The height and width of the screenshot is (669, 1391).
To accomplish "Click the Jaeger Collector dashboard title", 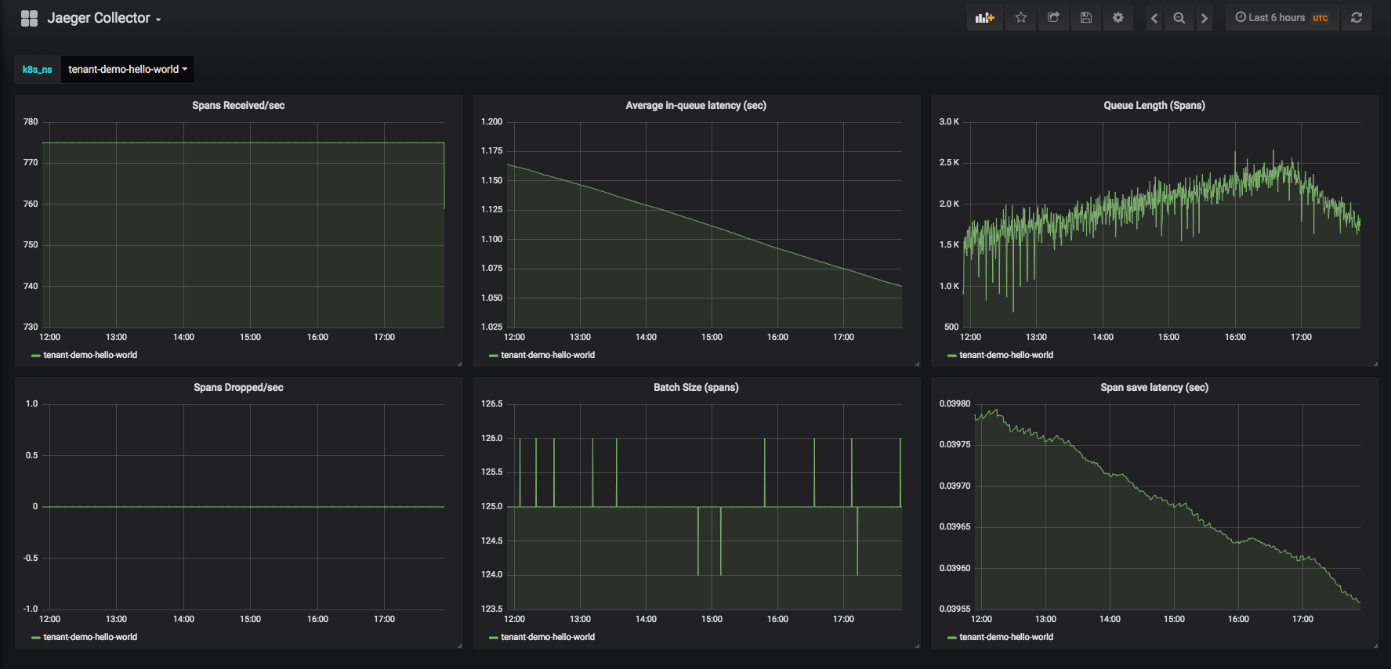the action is point(99,18).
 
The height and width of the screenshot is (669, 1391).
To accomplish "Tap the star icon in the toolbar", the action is point(1021,17).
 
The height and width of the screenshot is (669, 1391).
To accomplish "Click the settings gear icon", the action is point(1118,17).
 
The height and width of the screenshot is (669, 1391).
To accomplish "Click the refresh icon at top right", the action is point(1357,17).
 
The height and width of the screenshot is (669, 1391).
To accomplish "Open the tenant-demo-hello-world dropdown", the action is point(128,69).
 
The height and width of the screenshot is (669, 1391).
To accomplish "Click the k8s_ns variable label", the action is point(37,70).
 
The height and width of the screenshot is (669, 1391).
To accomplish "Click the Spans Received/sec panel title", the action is point(238,106).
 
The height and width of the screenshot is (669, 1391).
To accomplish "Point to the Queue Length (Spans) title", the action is point(1154,106).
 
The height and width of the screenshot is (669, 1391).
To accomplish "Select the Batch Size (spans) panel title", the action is point(696,388).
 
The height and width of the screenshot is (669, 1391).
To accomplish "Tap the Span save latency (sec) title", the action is point(1154,388).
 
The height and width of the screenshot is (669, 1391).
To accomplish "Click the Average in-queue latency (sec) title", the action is point(696,106).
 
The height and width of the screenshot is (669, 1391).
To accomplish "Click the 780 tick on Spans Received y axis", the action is point(31,122).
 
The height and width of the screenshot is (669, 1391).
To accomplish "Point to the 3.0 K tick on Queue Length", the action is point(949,122).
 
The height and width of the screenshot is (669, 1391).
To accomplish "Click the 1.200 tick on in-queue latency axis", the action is point(491,122).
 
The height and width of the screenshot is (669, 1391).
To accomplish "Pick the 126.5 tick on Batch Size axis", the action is point(491,404).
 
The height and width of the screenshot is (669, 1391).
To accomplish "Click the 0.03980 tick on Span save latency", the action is point(955,404).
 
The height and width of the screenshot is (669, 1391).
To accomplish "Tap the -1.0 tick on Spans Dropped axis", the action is point(31,609).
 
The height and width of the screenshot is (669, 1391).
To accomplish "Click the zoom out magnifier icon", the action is point(1179,17).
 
